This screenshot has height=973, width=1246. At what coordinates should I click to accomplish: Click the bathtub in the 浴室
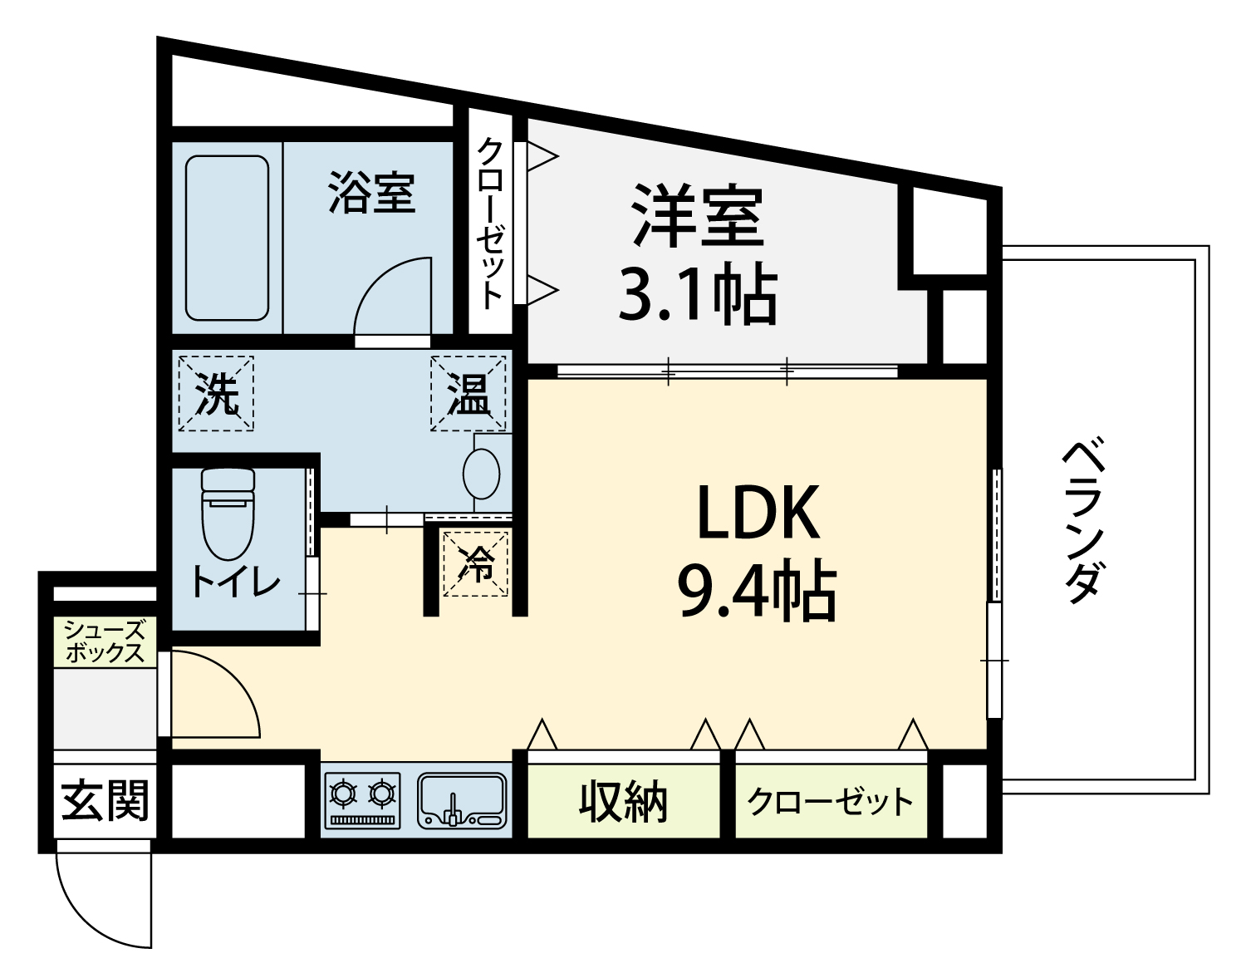coord(227,238)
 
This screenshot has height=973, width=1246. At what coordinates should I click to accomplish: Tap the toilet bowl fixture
coord(228,514)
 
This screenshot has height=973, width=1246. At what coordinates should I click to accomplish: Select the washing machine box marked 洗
coord(216,393)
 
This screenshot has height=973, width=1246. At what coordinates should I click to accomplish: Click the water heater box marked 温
coord(468,393)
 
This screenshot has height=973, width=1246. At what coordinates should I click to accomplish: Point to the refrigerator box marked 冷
coord(476,563)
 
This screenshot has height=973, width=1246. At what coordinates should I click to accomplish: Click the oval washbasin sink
coord(482,474)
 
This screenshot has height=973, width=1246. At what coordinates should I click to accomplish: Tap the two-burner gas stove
coord(362,800)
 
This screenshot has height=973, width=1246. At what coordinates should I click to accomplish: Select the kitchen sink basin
coord(462,800)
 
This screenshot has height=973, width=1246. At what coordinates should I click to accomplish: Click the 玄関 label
coord(105,800)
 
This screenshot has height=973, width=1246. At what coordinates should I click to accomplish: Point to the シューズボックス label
coord(105,641)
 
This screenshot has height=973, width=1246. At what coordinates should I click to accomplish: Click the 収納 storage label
coord(623,802)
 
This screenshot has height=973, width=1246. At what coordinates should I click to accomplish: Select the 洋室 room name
coord(698,216)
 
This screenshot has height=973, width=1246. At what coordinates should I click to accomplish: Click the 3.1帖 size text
coord(698,293)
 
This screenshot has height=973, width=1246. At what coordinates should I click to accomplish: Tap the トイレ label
coord(235,582)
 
